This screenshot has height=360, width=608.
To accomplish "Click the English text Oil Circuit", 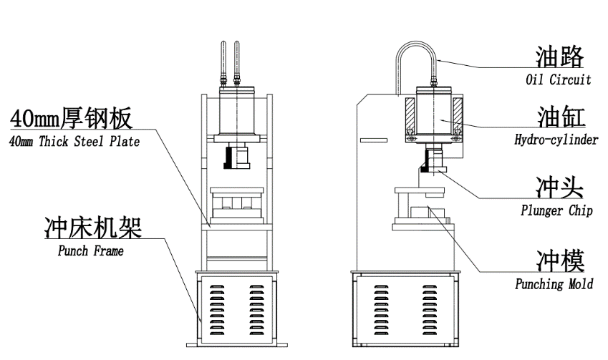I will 558,79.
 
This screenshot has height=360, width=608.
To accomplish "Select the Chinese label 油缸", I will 560,117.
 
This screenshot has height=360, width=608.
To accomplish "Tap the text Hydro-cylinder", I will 556,140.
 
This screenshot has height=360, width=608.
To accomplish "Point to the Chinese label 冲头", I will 559,188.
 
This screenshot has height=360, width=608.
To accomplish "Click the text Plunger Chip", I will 556,211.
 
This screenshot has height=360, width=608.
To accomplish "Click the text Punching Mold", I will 554,284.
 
